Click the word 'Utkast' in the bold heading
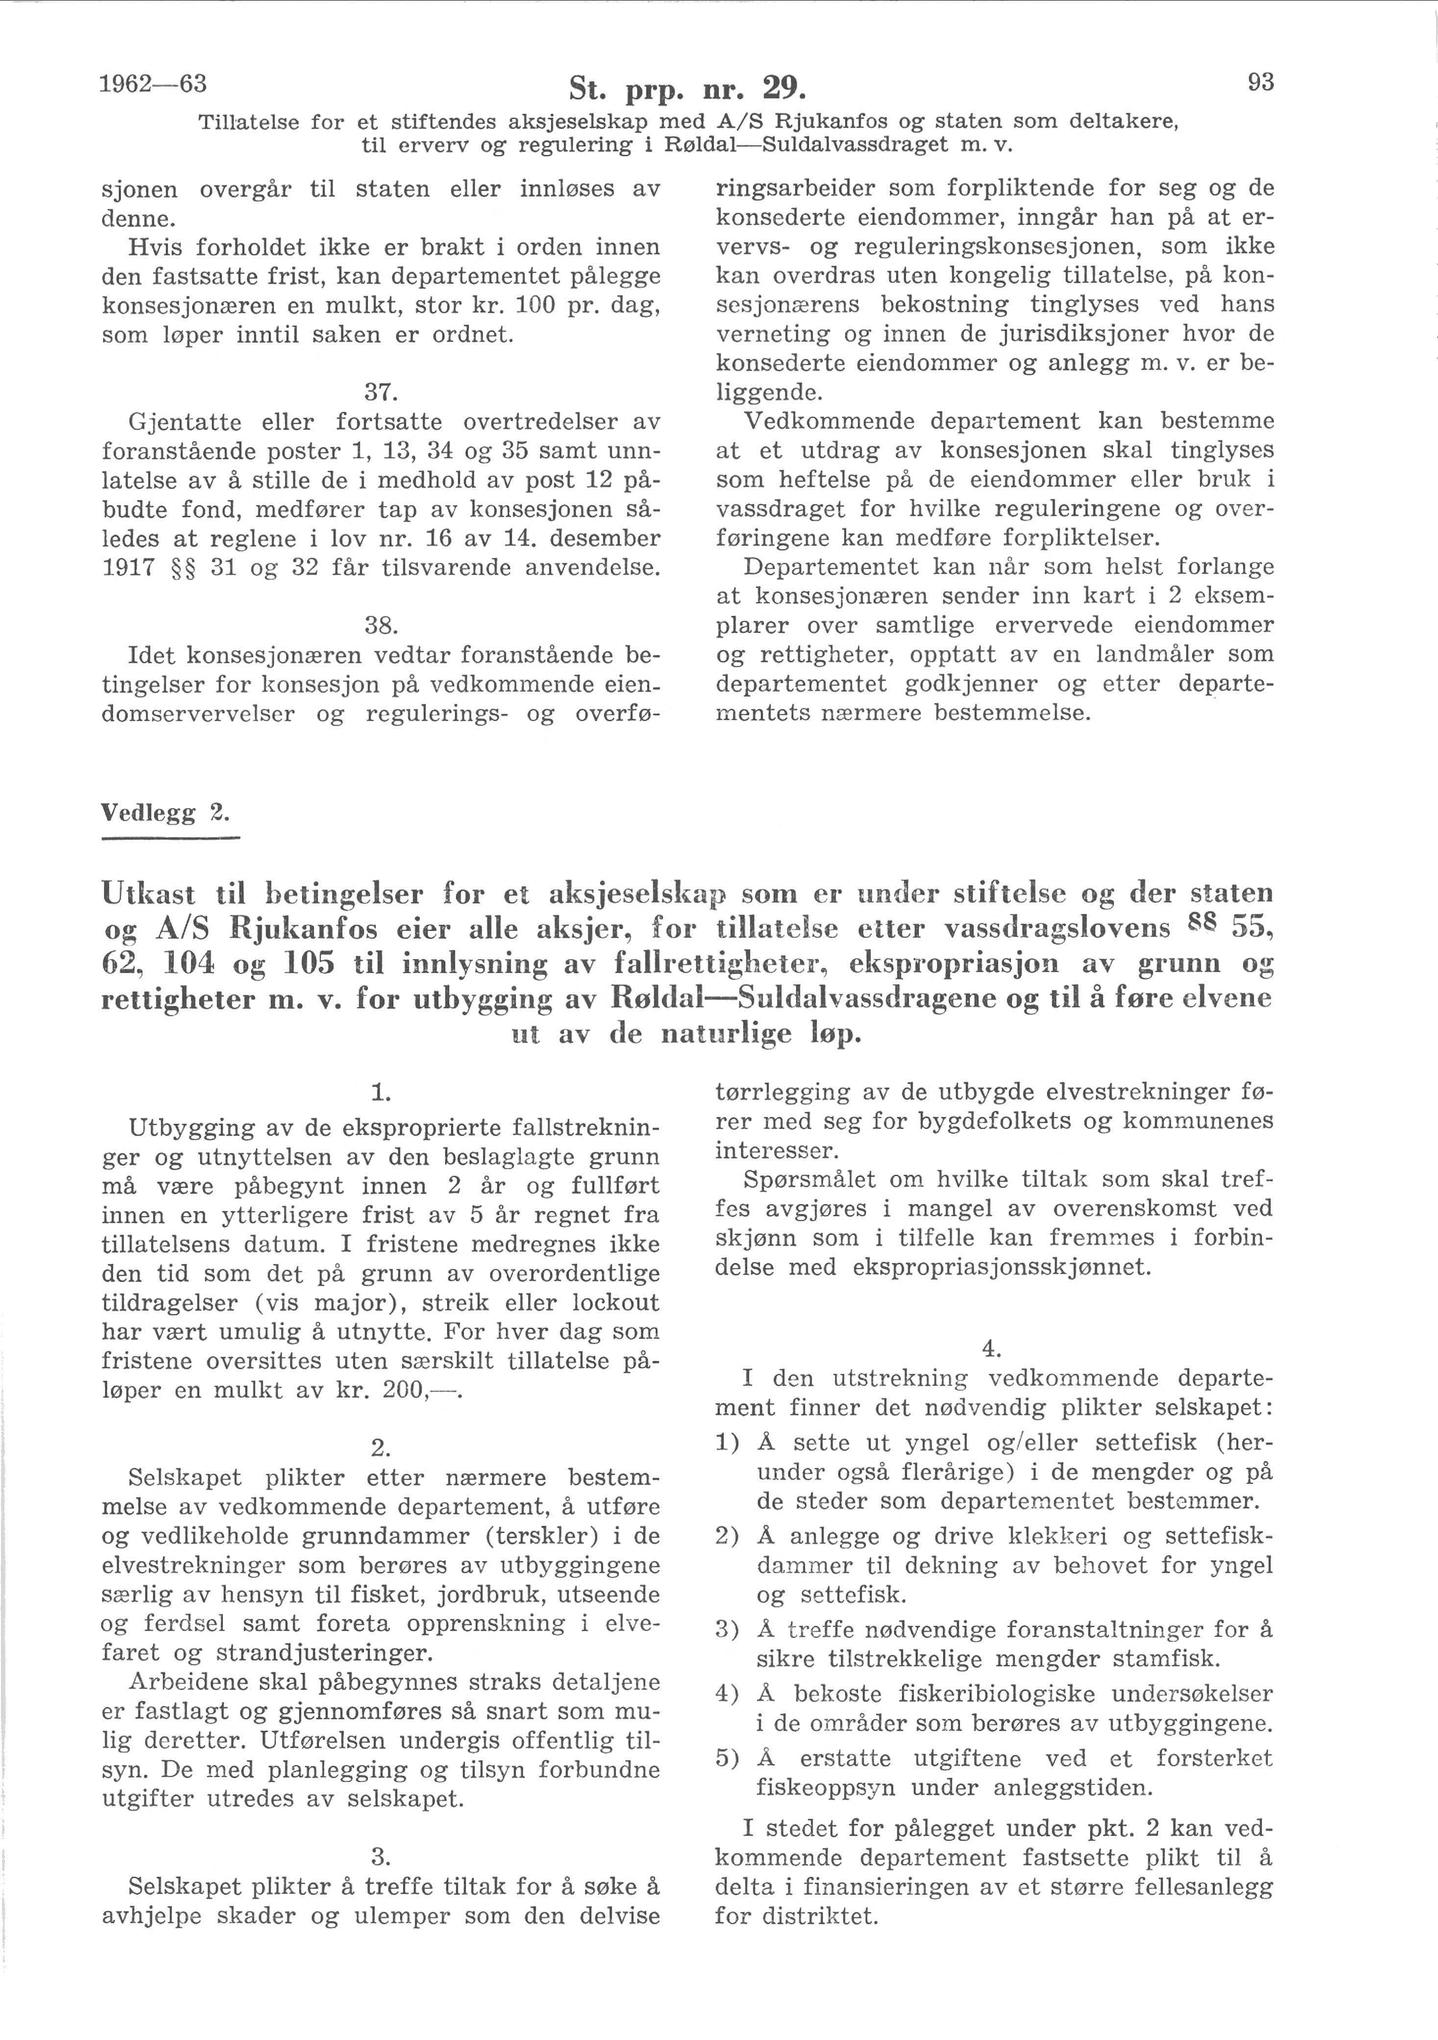pyautogui.click(x=151, y=892)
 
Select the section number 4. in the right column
pyautogui.click(x=991, y=1350)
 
